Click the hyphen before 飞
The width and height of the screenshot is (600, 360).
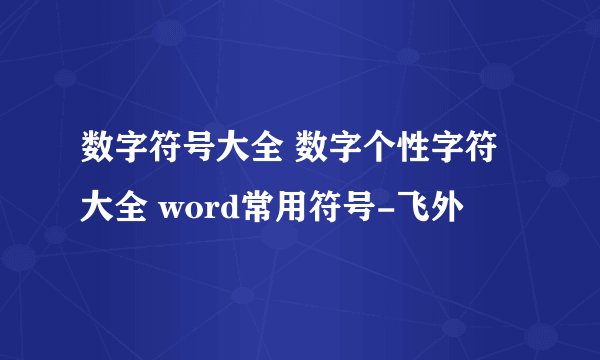click(383, 211)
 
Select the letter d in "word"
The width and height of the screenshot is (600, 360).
click(221, 210)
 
